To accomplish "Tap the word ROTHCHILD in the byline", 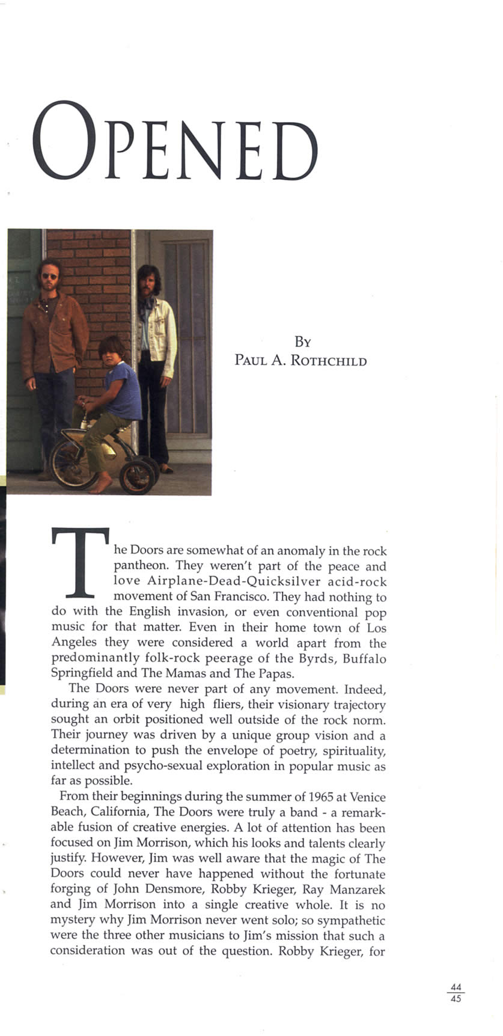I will click(328, 361).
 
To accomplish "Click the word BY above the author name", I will click(302, 342).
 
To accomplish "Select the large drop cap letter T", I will click(81, 562).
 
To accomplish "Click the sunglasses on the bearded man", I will click(50, 276).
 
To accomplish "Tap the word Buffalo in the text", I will click(364, 659).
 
